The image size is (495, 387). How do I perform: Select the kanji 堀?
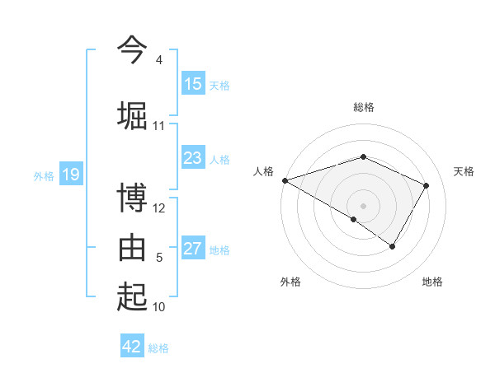pyautogui.click(x=132, y=114)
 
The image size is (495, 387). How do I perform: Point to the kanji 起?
pyautogui.click(x=132, y=296)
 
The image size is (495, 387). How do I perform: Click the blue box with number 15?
pyautogui.click(x=193, y=83)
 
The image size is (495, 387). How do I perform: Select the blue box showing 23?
pyautogui.click(x=193, y=158)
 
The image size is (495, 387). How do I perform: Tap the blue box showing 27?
pyautogui.click(x=193, y=249)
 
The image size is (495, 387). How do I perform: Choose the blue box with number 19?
pyautogui.click(x=70, y=174)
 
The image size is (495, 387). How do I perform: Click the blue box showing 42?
pyautogui.click(x=132, y=347)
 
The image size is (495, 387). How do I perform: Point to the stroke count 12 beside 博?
pyautogui.click(x=159, y=208)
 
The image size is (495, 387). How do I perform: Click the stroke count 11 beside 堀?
pyautogui.click(x=159, y=126)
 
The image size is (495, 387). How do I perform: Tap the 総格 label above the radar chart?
pyautogui.click(x=364, y=107)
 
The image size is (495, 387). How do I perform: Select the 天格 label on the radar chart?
pyautogui.click(x=464, y=171)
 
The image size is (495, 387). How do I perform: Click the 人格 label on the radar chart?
pyautogui.click(x=264, y=171)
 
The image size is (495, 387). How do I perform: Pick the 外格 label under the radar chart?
pyautogui.click(x=290, y=282)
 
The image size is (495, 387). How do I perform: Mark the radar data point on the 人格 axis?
pyautogui.click(x=285, y=180)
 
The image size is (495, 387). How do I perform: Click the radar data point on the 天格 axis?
pyautogui.click(x=427, y=185)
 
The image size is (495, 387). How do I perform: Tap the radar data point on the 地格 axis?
pyautogui.click(x=393, y=246)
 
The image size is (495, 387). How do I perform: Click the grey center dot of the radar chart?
pyautogui.click(x=364, y=205)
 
